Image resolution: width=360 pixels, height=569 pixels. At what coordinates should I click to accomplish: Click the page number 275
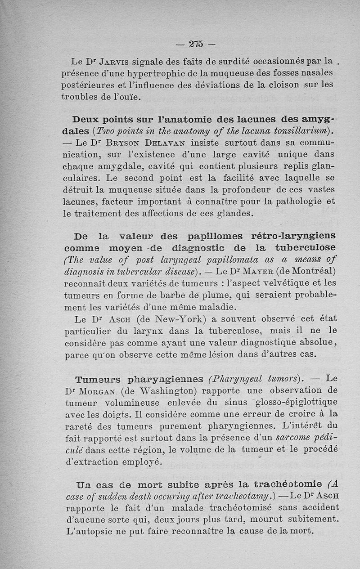(x=196, y=44)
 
